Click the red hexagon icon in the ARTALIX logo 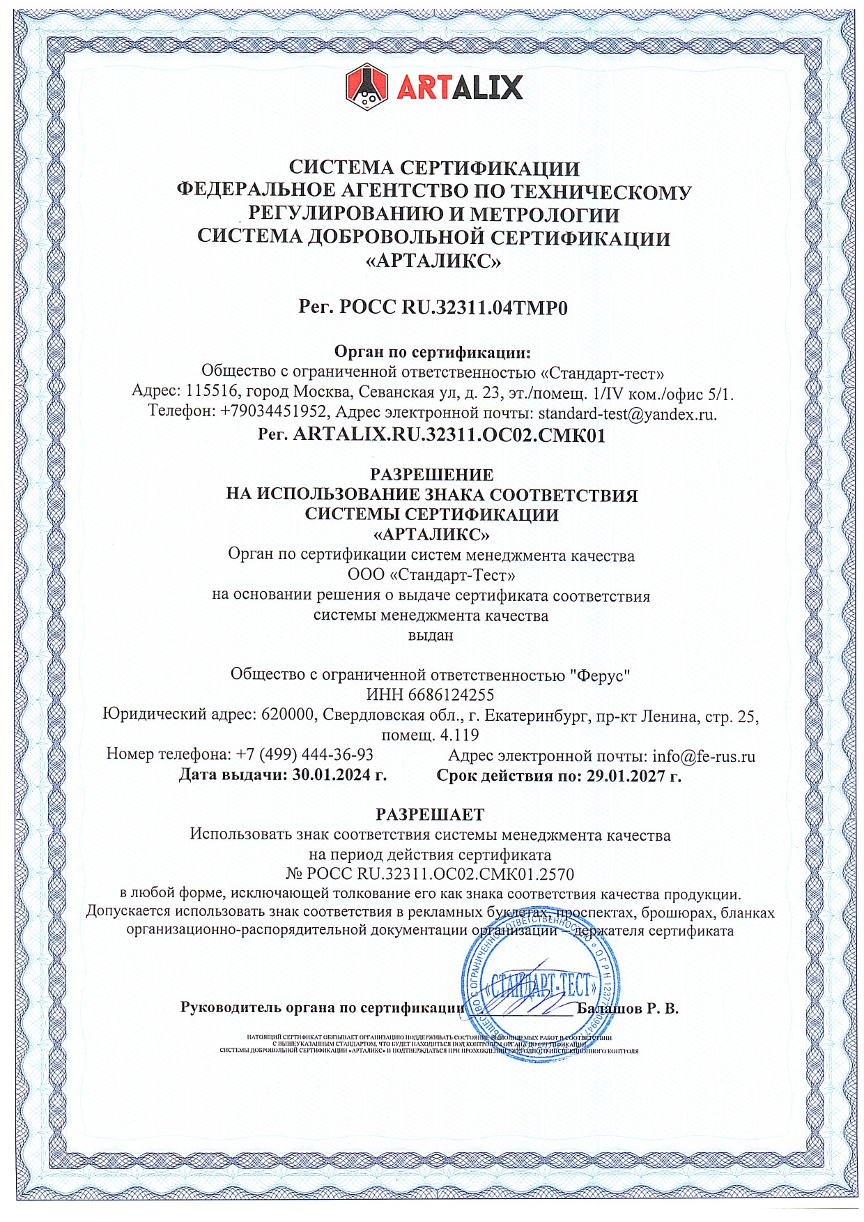[367, 86]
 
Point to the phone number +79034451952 [272, 412]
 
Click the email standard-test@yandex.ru [627, 413]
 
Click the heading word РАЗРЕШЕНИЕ [431, 475]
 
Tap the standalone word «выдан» [431, 635]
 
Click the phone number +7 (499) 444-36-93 [304, 755]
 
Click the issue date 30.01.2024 [331, 775]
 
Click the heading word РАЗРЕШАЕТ [430, 814]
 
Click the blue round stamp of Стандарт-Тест [540, 986]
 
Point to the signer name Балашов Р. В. [627, 1008]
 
